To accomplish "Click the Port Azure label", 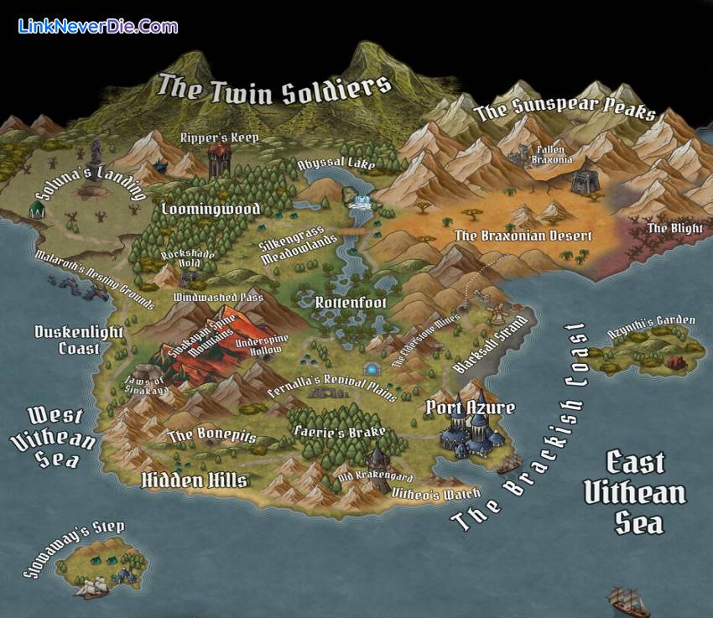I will click(x=470, y=408).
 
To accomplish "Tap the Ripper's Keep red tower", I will click(x=220, y=157).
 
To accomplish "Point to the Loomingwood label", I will click(x=211, y=208).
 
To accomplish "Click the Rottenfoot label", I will click(x=351, y=302).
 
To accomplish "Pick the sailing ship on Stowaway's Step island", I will click(x=92, y=586).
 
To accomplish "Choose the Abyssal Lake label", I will click(x=336, y=165).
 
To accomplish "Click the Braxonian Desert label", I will click(x=523, y=236).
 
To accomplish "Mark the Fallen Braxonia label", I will click(x=554, y=154).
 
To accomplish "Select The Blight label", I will click(x=669, y=228).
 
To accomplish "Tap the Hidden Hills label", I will click(x=194, y=480).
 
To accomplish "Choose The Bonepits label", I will click(x=212, y=435).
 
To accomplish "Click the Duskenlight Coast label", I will click(x=79, y=339).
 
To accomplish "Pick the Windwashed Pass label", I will click(x=218, y=297).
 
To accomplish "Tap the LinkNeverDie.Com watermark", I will click(x=97, y=26).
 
